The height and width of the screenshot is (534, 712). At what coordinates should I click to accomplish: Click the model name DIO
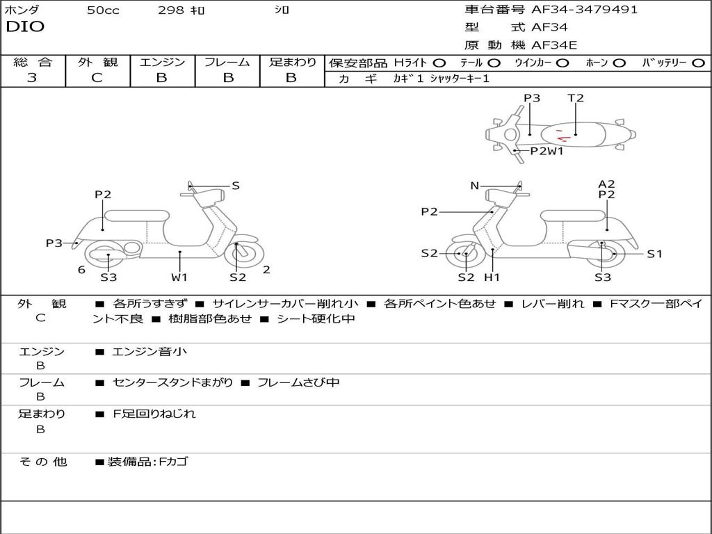(25, 27)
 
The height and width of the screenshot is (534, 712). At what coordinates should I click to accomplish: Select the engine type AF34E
(554, 45)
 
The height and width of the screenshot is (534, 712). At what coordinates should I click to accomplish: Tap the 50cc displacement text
(103, 10)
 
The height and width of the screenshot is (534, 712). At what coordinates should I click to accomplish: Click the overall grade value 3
(32, 78)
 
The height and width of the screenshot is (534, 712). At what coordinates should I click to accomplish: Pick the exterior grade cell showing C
(97, 78)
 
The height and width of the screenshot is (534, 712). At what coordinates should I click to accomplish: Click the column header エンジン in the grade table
(162, 62)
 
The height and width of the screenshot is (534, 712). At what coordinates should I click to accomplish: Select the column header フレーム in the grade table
(227, 62)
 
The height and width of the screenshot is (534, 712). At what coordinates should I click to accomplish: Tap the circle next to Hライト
(439, 63)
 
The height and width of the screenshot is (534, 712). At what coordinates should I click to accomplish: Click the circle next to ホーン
(619, 63)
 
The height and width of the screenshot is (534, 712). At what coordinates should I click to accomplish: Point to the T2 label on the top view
(576, 98)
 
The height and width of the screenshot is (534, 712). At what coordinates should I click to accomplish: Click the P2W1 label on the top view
(547, 151)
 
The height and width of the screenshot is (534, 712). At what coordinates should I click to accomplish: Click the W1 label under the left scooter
(180, 277)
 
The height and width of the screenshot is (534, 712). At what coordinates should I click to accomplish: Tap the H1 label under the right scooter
(492, 277)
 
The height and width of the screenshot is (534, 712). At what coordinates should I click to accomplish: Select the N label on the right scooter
(475, 186)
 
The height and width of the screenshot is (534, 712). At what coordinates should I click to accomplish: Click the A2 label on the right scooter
(606, 184)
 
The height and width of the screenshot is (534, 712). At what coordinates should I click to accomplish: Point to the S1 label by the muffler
(654, 254)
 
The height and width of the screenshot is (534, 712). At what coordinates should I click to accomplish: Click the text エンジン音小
(149, 352)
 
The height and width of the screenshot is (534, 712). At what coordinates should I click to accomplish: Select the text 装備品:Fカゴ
(147, 462)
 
